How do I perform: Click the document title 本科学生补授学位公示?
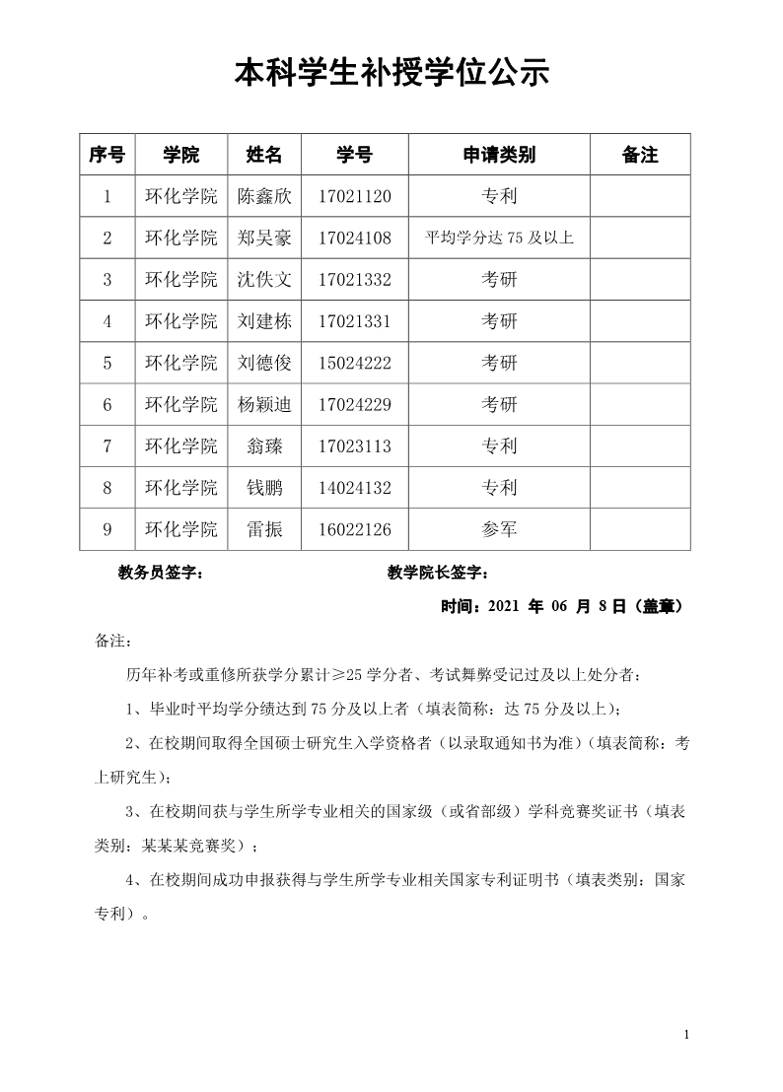pos(391,74)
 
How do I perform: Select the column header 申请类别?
pos(499,155)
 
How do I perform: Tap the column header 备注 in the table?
pos(640,155)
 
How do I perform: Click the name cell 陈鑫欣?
pos(265,196)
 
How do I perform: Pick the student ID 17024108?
pos(355,238)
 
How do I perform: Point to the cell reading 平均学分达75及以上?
pos(499,238)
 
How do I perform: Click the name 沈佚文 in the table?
pos(265,280)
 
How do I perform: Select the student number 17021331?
pos(355,321)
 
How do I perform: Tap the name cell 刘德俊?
pos(265,363)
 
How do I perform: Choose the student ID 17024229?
pos(355,405)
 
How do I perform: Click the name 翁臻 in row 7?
pos(265,446)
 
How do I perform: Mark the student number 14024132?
pos(355,488)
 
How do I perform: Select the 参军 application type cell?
pos(499,530)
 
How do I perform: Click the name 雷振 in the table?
pos(265,530)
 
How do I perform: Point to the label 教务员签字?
pos(161,574)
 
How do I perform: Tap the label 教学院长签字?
pos(438,574)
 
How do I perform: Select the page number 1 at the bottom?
pos(686,1034)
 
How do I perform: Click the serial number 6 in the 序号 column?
pos(107,405)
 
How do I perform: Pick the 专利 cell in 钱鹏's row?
pos(499,488)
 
